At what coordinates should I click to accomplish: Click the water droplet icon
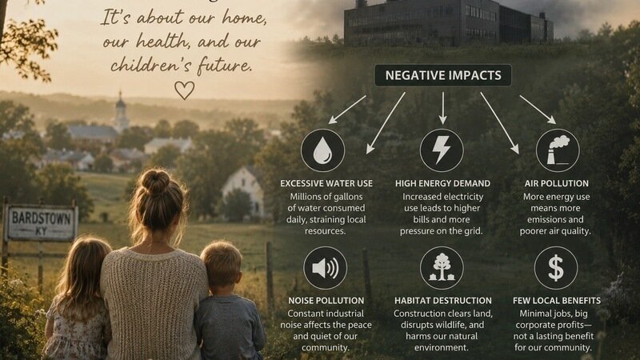click(x=322, y=150)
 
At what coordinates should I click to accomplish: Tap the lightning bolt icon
click(x=442, y=150)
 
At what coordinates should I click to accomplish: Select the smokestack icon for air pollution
click(x=558, y=150)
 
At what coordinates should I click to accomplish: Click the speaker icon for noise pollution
click(x=325, y=268)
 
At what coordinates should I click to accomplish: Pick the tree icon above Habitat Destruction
click(x=442, y=268)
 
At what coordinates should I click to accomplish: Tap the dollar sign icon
click(x=555, y=268)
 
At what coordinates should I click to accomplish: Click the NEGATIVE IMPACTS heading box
click(x=443, y=75)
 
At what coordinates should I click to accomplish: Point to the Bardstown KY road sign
click(x=41, y=223)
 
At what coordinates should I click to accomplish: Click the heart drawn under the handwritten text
click(x=185, y=90)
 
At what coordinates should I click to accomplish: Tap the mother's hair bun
click(x=155, y=182)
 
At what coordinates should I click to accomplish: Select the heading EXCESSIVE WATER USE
click(x=326, y=184)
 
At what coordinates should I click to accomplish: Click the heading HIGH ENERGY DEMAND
click(x=442, y=184)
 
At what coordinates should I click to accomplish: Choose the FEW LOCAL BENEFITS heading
click(x=557, y=301)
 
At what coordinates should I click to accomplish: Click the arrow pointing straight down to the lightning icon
click(x=443, y=108)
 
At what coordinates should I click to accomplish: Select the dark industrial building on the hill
click(x=448, y=22)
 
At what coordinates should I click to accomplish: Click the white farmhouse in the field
click(x=244, y=191)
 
